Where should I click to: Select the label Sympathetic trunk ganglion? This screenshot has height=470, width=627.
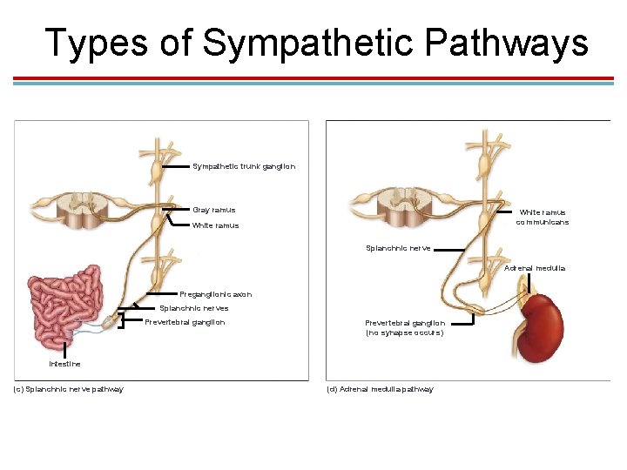244,166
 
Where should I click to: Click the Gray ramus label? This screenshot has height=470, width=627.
213,210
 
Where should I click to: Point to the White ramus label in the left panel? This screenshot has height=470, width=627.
215,225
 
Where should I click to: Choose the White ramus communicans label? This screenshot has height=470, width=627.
542,217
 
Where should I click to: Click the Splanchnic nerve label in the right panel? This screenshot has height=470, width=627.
398,248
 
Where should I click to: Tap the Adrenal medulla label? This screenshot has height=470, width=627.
535,268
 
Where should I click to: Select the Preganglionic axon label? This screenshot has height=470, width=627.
215,294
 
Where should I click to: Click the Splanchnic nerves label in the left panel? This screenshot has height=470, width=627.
193,308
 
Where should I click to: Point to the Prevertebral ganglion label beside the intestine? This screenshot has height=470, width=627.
185,322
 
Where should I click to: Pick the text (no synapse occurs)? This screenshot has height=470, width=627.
404,332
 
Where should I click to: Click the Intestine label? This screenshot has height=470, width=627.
64,364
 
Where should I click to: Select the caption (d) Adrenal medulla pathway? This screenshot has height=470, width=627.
379,389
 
